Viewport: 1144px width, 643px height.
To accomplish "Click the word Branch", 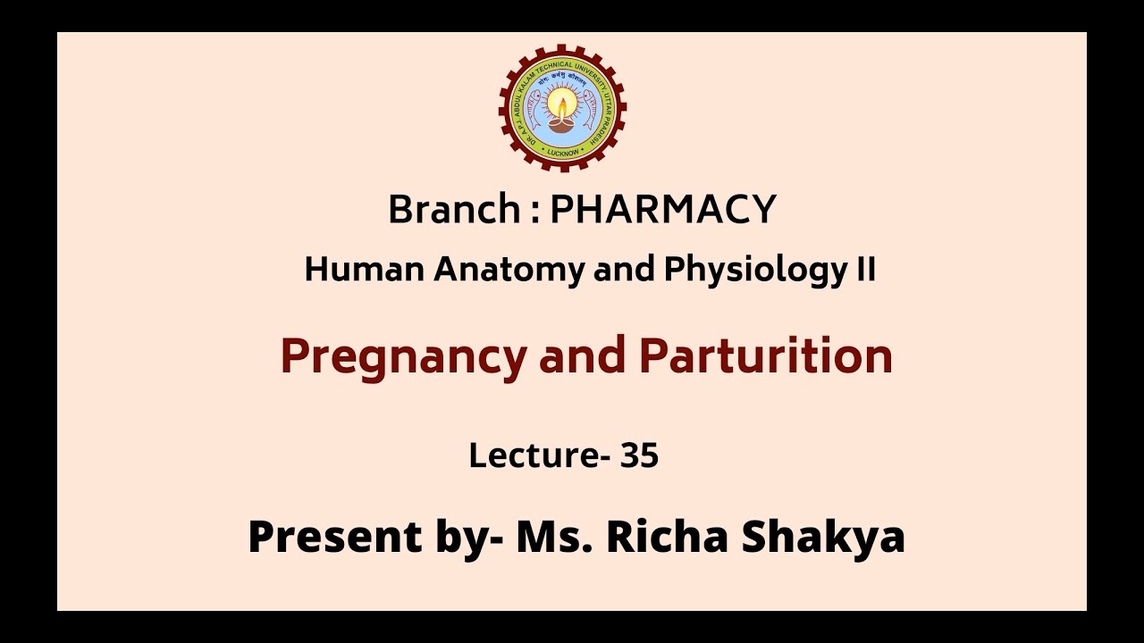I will click(x=454, y=210).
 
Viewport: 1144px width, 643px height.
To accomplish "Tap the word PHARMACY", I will click(x=662, y=210).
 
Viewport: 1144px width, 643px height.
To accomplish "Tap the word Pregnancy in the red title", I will click(x=404, y=356).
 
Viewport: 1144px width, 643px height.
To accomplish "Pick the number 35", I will click(x=640, y=455).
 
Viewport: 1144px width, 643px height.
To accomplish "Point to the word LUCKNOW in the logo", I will click(x=562, y=152).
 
